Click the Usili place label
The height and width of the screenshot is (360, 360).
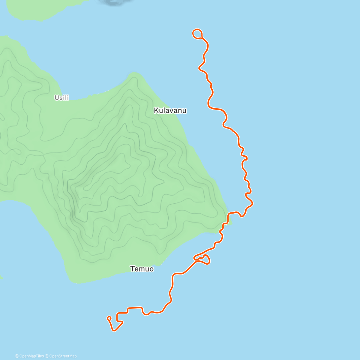pos(61,97)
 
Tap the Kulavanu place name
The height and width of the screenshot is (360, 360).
pos(170,110)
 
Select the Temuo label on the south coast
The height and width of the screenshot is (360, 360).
pos(142,269)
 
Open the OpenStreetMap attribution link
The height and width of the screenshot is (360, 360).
pos(63,356)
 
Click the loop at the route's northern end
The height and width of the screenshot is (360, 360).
pos(197,34)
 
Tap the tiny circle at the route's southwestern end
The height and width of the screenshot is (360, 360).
pos(109,318)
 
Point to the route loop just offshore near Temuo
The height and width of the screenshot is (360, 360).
pos(205,259)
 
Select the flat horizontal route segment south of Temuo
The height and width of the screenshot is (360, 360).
pos(135,307)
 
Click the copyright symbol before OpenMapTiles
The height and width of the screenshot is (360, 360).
pos(17,356)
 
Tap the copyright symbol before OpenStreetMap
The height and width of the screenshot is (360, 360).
pos(47,356)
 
